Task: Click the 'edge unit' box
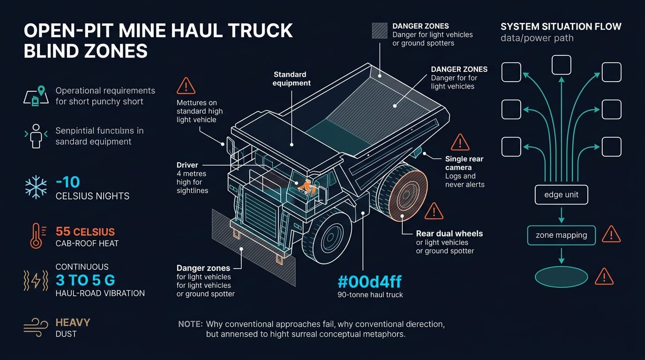[x=561, y=195]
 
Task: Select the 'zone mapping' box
[x=561, y=235]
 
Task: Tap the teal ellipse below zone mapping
[x=561, y=277]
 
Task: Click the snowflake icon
[x=36, y=187]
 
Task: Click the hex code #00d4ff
[x=369, y=282]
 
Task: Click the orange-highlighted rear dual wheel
[x=408, y=195]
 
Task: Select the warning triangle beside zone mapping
[x=611, y=234]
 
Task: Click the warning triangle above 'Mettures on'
[x=186, y=86]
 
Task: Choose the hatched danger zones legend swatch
[x=380, y=30]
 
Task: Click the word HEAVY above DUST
[x=73, y=322]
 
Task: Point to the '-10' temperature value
[x=67, y=182]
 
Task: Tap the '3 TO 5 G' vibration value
[x=85, y=280]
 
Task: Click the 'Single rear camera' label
[x=464, y=163]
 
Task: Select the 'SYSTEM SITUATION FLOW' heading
[x=561, y=27]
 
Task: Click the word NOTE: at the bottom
[x=190, y=324]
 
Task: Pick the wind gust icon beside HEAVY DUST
[x=36, y=328]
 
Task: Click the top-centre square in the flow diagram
[x=562, y=65]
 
